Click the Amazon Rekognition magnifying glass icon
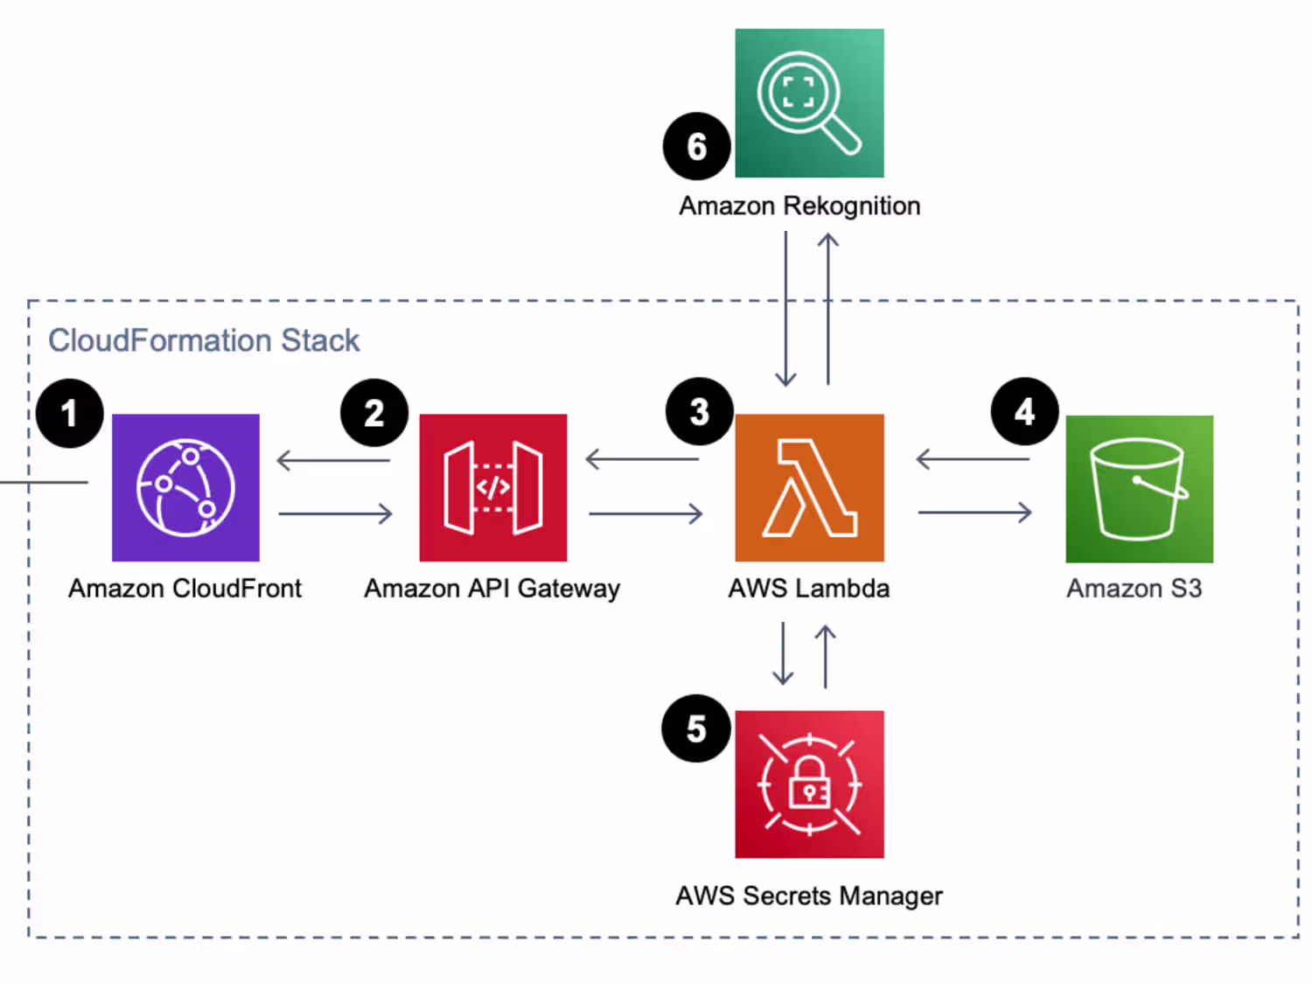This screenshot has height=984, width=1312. [809, 103]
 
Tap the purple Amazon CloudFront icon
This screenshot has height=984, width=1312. [185, 487]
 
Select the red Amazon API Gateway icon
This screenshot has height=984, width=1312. [493, 487]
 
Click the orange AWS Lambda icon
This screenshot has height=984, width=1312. [809, 487]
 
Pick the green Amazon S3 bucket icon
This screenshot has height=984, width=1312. [1139, 488]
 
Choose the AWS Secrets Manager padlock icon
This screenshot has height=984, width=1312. [809, 784]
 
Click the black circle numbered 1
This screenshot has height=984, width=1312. [70, 413]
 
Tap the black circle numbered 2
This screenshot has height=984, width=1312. [374, 413]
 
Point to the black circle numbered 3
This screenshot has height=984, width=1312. [699, 412]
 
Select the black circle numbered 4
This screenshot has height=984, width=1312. [1024, 411]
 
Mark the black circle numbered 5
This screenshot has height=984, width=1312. [696, 729]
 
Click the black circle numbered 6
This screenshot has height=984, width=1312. [697, 146]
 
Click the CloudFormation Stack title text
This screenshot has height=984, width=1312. [203, 340]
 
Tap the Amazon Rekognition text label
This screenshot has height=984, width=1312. [799, 206]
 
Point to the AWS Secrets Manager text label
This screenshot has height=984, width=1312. [809, 896]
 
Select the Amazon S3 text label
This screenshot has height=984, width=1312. [1134, 589]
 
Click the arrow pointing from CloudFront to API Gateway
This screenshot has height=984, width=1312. [335, 513]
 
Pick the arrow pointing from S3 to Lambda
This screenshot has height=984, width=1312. [973, 458]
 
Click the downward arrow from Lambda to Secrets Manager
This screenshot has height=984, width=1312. [783, 653]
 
